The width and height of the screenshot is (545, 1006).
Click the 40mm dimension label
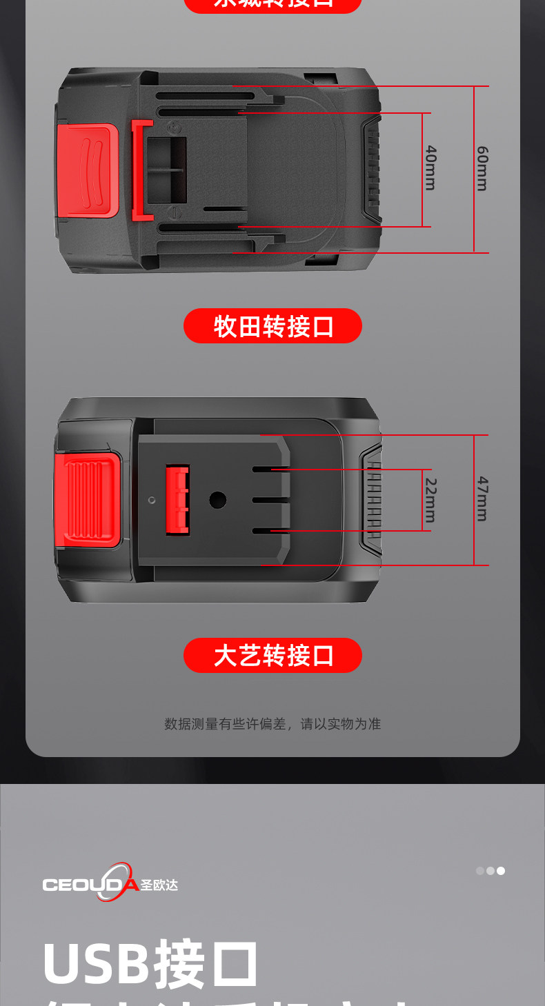click(x=430, y=168)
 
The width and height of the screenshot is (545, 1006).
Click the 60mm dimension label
click(x=482, y=168)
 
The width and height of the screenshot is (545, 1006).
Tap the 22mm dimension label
click(x=430, y=500)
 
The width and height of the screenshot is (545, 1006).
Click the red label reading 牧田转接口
click(x=272, y=325)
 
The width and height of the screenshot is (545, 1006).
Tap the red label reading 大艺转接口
click(x=272, y=655)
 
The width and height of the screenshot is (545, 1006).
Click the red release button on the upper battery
click(x=88, y=170)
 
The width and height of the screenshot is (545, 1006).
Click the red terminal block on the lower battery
click(x=177, y=499)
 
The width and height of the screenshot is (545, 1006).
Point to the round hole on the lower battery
click(x=218, y=500)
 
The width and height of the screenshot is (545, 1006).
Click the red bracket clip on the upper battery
click(x=141, y=170)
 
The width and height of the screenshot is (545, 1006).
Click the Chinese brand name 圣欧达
click(x=159, y=885)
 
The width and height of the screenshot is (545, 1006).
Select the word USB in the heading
click(x=95, y=963)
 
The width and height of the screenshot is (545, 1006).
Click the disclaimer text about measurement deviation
click(x=272, y=723)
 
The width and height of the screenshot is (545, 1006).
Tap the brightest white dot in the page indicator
click(x=501, y=871)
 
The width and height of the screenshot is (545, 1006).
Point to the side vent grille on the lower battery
click(x=372, y=500)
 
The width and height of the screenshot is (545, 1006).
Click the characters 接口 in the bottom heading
click(x=207, y=963)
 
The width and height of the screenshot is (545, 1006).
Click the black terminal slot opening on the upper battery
click(x=166, y=170)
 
